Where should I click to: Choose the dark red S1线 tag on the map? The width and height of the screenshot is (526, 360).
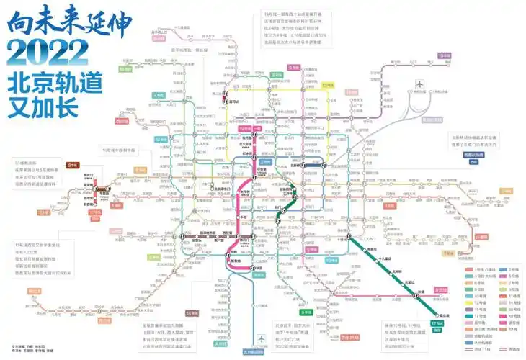[x=72, y=166]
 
